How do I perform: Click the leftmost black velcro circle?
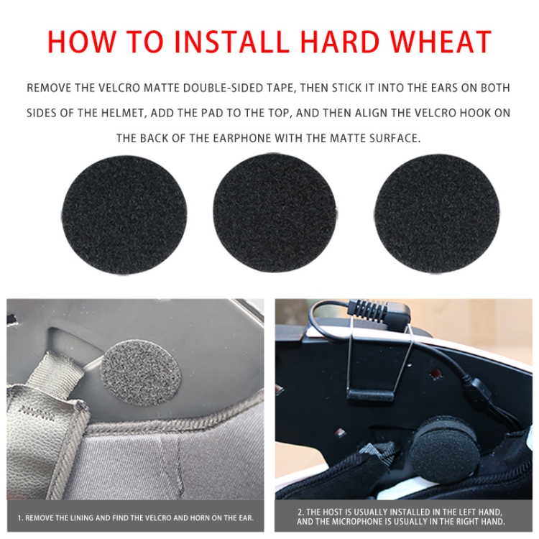[x=124, y=214]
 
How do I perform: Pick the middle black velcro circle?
[x=274, y=213]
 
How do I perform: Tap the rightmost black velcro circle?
[x=436, y=213]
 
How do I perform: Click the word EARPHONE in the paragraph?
[x=242, y=138]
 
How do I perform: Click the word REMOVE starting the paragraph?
[x=49, y=88]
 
